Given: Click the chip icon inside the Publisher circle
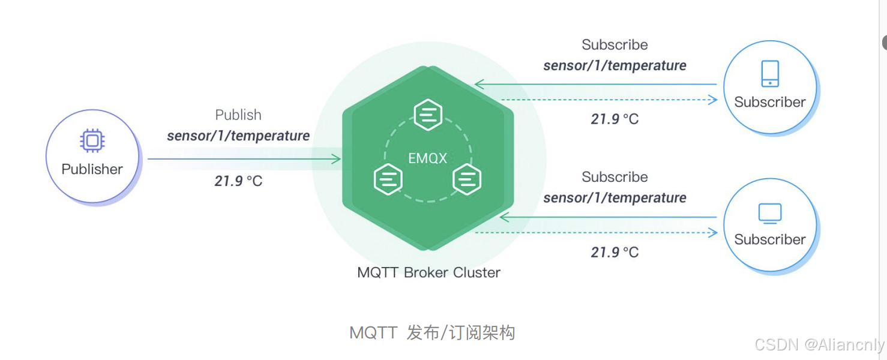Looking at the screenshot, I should click(x=92, y=141).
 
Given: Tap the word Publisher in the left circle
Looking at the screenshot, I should click(x=92, y=169).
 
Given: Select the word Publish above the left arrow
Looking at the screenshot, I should click(x=238, y=115).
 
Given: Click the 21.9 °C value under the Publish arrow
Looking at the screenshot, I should click(x=238, y=181).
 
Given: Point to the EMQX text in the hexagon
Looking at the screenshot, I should click(x=428, y=158).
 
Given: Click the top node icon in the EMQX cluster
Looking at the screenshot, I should click(x=428, y=115).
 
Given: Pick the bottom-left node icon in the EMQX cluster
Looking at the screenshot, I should click(x=388, y=179).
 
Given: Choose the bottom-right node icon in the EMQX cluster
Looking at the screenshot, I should click(x=468, y=179).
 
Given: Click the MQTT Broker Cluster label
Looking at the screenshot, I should click(x=428, y=272).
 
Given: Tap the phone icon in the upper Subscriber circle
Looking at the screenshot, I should click(x=770, y=74).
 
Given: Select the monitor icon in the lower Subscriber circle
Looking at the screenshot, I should click(x=770, y=213).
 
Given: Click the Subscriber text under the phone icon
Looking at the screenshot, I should click(x=770, y=102).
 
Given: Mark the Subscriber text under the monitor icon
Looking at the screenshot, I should click(x=770, y=239).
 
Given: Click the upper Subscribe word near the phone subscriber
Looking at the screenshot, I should click(x=615, y=45).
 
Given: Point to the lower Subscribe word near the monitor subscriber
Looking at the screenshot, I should click(x=615, y=177).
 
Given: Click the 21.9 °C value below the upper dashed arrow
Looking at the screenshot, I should click(x=615, y=119).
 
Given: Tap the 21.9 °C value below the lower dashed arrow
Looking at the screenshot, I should click(x=615, y=252).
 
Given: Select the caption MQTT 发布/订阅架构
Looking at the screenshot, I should click(x=432, y=332).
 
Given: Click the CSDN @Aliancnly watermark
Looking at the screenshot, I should click(x=819, y=344).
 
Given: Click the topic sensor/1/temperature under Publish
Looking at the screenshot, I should click(x=238, y=136).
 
